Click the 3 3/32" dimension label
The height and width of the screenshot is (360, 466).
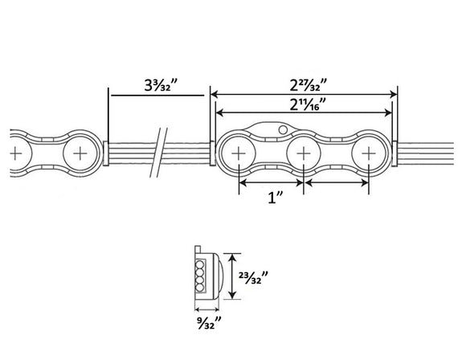[161, 85]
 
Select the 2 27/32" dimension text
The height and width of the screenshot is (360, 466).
[309, 85]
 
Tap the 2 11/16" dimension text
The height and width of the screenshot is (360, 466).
[308, 104]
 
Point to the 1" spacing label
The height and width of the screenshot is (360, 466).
[276, 198]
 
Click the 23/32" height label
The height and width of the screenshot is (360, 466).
[254, 277]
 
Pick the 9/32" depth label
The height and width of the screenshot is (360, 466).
[209, 323]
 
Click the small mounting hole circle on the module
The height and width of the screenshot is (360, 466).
[283, 129]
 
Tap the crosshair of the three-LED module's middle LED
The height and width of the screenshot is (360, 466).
[304, 153]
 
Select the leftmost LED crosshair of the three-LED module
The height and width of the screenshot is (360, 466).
[239, 153]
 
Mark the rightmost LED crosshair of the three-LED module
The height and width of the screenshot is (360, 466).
[369, 153]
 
